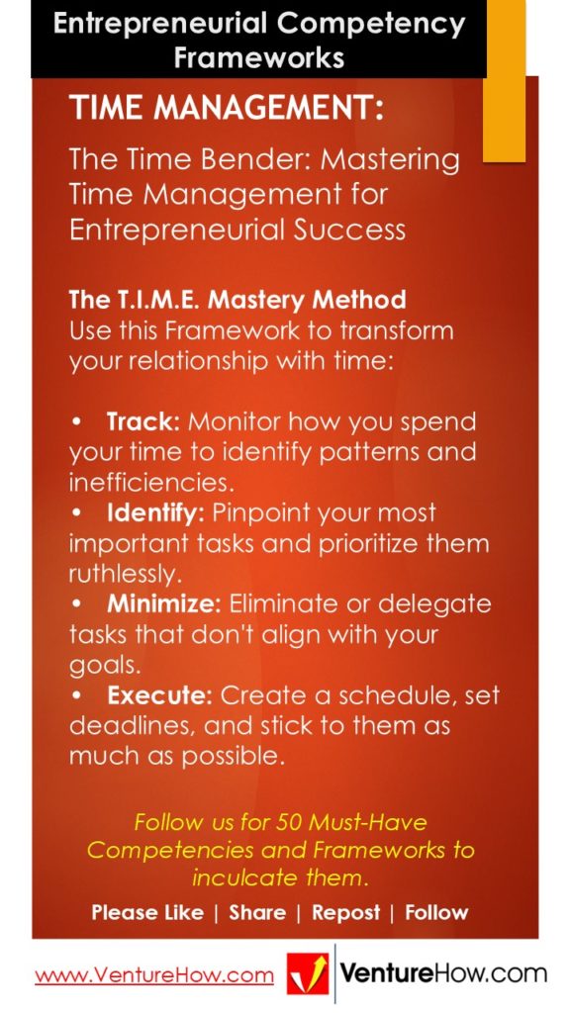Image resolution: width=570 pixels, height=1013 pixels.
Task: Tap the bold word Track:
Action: click(x=142, y=421)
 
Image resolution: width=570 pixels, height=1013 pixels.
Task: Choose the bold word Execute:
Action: click(x=159, y=694)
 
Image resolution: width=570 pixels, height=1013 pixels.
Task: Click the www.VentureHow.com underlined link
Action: click(x=154, y=975)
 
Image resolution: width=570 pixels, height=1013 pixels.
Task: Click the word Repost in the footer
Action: click(x=345, y=912)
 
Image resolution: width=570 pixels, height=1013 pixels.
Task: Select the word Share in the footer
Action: click(x=257, y=912)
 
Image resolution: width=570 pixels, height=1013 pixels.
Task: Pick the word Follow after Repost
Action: click(x=436, y=912)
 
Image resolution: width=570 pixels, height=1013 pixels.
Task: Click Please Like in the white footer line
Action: click(x=147, y=912)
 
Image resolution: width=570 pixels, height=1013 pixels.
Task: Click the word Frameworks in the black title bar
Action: click(x=259, y=56)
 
